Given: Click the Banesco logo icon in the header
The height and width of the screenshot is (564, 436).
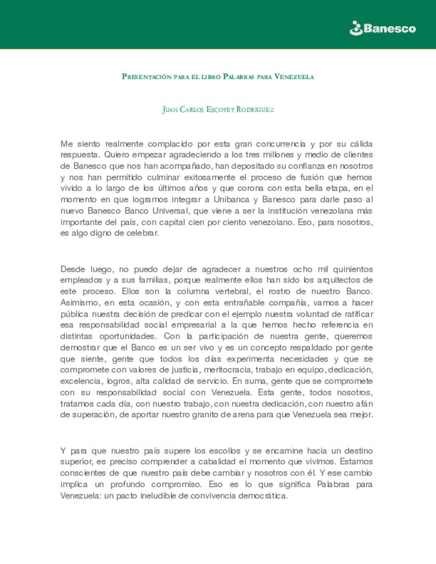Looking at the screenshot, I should point(356,29).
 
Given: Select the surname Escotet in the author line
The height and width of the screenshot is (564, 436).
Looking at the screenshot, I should point(220,109).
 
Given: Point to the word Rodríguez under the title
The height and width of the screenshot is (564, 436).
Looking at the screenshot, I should point(255,109).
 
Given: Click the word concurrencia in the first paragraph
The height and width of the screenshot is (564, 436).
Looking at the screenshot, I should point(281,144).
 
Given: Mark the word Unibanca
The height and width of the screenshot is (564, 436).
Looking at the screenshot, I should point(231,200).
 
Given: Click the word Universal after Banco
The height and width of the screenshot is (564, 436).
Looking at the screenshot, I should point(170,211).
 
